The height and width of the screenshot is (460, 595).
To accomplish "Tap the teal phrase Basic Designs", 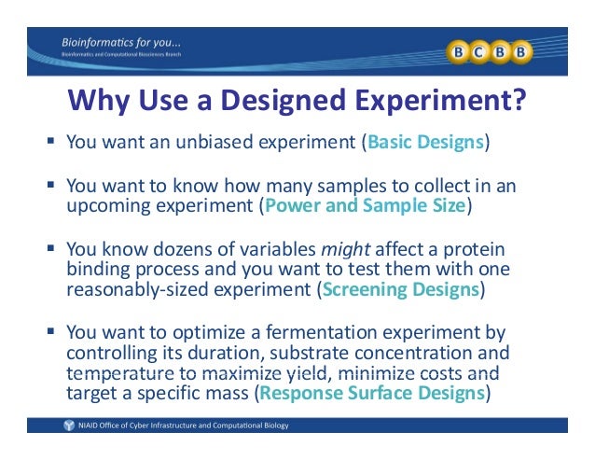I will tap(426, 143).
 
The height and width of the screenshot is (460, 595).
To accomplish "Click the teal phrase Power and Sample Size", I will tap(365, 205).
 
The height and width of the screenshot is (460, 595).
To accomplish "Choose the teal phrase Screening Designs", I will tap(399, 289).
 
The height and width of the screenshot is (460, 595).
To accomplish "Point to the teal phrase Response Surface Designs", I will tap(371, 393).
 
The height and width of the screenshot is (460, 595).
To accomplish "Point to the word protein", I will tap(477, 249).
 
